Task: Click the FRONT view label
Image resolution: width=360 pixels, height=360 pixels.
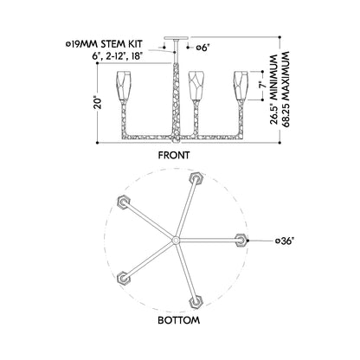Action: pyautogui.click(x=174, y=155)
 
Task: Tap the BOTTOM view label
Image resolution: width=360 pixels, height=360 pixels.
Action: pyautogui.click(x=178, y=320)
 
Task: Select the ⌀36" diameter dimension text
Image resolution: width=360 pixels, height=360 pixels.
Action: pyautogui.click(x=285, y=241)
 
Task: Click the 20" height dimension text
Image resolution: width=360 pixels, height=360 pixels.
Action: pyautogui.click(x=99, y=103)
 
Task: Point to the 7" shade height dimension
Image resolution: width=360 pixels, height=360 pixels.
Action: pyautogui.click(x=261, y=86)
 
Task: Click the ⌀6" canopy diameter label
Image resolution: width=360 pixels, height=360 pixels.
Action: pyautogui.click(x=202, y=48)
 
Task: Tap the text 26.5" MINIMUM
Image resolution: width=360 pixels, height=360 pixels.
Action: pyautogui.click(x=274, y=90)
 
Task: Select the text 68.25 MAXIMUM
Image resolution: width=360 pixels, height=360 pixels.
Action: pyautogui.click(x=285, y=89)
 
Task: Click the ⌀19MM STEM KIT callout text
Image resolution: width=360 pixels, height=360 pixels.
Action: pyautogui.click(x=105, y=44)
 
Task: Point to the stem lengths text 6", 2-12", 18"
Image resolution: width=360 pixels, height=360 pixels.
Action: pyautogui.click(x=118, y=55)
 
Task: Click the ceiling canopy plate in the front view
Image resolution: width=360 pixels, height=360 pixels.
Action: pyautogui.click(x=176, y=38)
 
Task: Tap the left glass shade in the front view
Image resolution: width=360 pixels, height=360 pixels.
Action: pyautogui.click(x=124, y=86)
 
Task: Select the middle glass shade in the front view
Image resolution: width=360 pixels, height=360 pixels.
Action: pyautogui.click(x=196, y=86)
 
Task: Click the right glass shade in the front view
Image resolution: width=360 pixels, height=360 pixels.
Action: pyautogui.click(x=241, y=86)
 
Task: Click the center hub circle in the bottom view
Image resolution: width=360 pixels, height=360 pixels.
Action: pyautogui.click(x=176, y=240)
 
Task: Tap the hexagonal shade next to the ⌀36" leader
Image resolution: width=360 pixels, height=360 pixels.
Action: pyautogui.click(x=241, y=240)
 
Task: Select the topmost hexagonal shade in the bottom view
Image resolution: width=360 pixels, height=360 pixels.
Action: pyautogui.click(x=196, y=179)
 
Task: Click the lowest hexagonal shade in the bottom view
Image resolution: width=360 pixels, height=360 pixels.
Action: pyautogui.click(x=196, y=302)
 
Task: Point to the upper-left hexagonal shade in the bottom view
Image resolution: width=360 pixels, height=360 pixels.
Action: pyautogui.click(x=124, y=202)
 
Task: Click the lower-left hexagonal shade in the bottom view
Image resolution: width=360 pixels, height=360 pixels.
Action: pyautogui.click(x=124, y=279)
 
